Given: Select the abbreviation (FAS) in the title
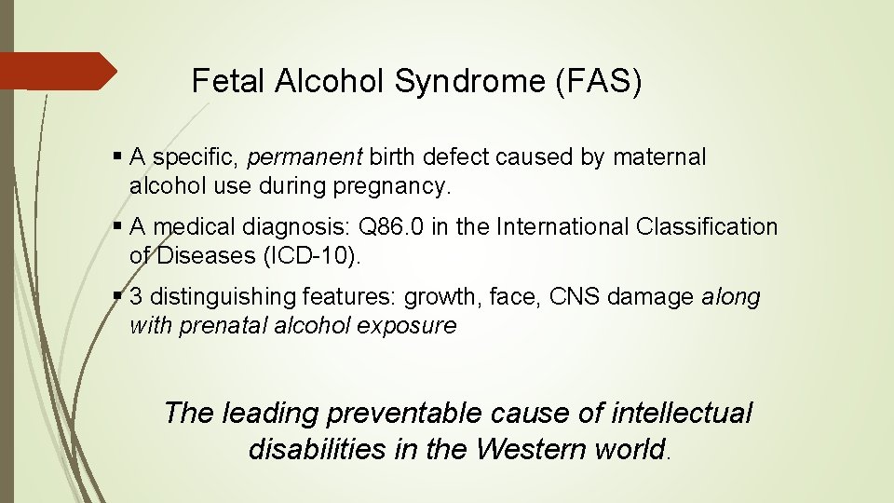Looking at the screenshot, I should (x=599, y=82).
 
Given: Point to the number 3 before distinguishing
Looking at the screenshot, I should (x=136, y=297).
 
